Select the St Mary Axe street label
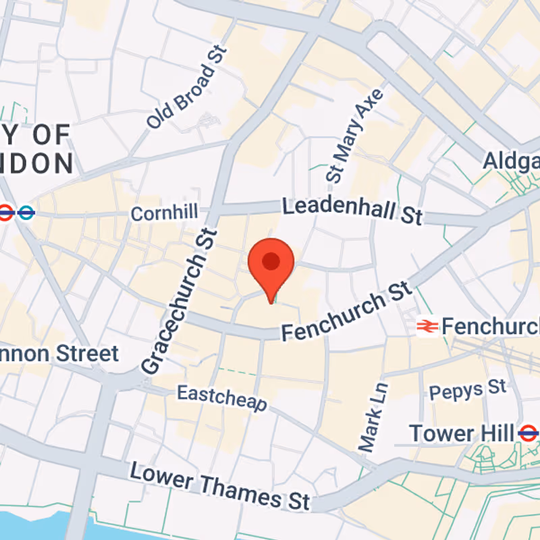pyautogui.click(x=355, y=135)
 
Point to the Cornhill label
pyautogui.click(x=165, y=214)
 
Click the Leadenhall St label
pyautogui.click(x=352, y=210)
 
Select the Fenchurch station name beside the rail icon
pyautogui.click(x=490, y=327)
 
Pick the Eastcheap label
pyautogui.click(x=222, y=398)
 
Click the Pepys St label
pyautogui.click(x=467, y=389)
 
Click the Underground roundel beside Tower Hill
pyautogui.click(x=529, y=433)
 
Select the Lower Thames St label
pyautogui.click(x=220, y=485)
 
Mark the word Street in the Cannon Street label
pyautogui.click(x=88, y=354)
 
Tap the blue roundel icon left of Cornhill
pyautogui.click(x=26, y=213)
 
